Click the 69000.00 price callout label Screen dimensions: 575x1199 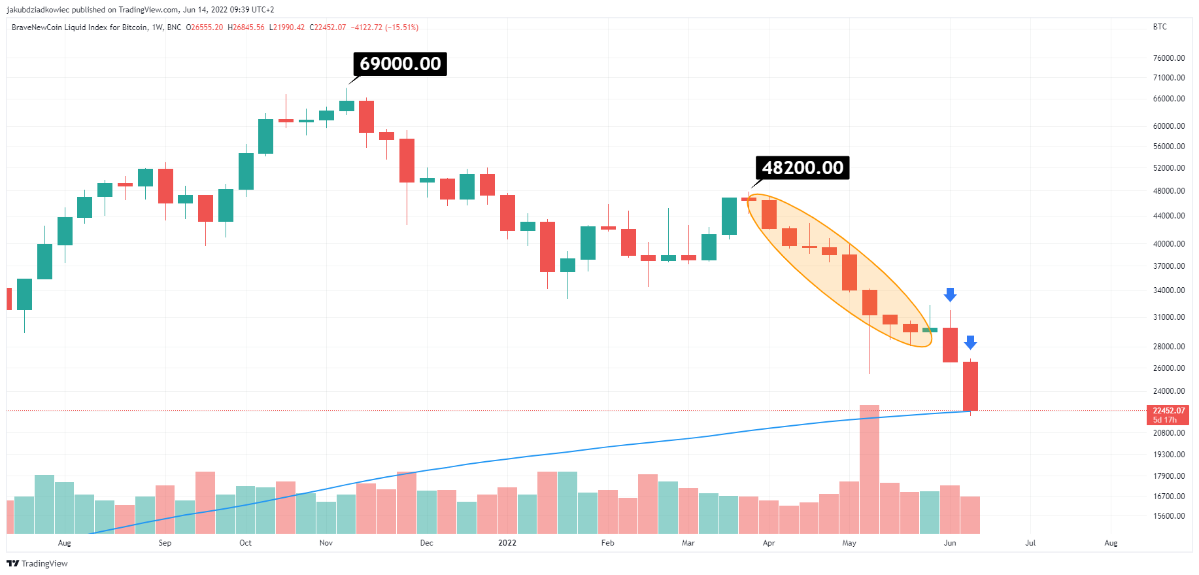(400, 64)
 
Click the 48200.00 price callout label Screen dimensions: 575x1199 (802, 168)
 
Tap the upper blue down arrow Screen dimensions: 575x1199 (950, 294)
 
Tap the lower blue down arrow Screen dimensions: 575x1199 (970, 342)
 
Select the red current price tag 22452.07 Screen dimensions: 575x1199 (1168, 415)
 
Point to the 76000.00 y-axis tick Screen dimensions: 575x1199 (1168, 58)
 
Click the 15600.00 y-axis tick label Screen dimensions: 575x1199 (1168, 516)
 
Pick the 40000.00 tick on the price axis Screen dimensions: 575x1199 (1168, 244)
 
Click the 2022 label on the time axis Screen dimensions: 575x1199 (507, 543)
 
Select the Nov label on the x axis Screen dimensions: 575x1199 (326, 543)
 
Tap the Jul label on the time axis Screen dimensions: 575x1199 (1030, 543)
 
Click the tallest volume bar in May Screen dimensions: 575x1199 (870, 468)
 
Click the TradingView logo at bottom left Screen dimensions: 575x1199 (37, 564)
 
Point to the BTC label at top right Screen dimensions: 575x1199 (1159, 27)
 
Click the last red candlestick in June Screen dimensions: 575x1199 (970, 386)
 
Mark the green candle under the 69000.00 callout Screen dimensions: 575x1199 (346, 106)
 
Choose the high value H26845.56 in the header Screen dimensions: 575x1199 (246, 27)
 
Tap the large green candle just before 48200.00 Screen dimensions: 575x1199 (729, 216)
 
